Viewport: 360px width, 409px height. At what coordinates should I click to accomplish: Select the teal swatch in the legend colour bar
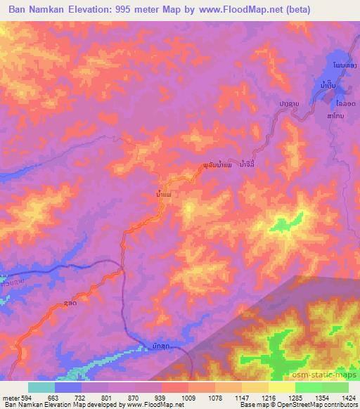41,387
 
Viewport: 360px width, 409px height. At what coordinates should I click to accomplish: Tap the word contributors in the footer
341,405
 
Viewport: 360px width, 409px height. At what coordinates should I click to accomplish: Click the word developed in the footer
84,405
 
